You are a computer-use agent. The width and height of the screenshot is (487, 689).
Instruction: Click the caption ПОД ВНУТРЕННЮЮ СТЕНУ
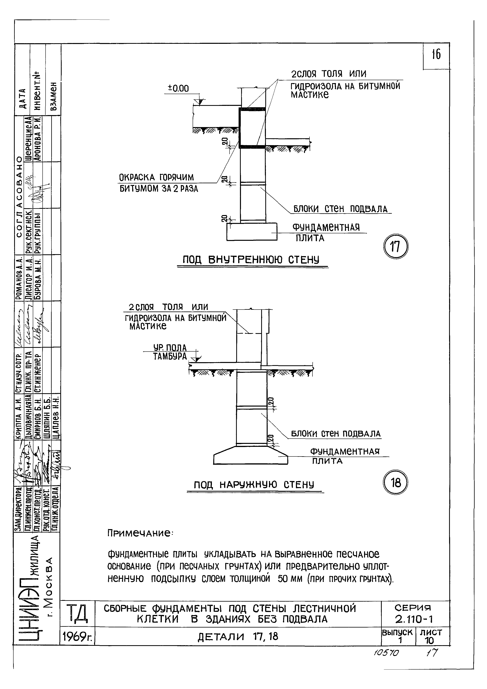(251, 260)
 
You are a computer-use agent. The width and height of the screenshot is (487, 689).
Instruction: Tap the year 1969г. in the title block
(77, 637)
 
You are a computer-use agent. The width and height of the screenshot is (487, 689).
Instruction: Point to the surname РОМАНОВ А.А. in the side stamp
(19, 278)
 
